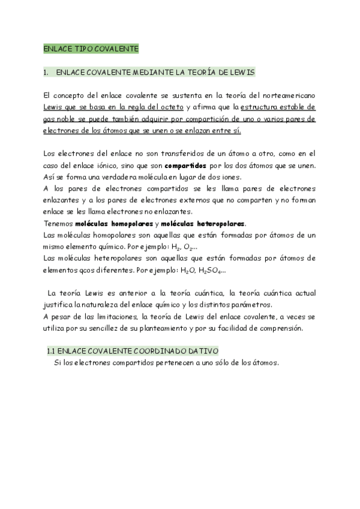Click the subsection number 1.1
(52, 351)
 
